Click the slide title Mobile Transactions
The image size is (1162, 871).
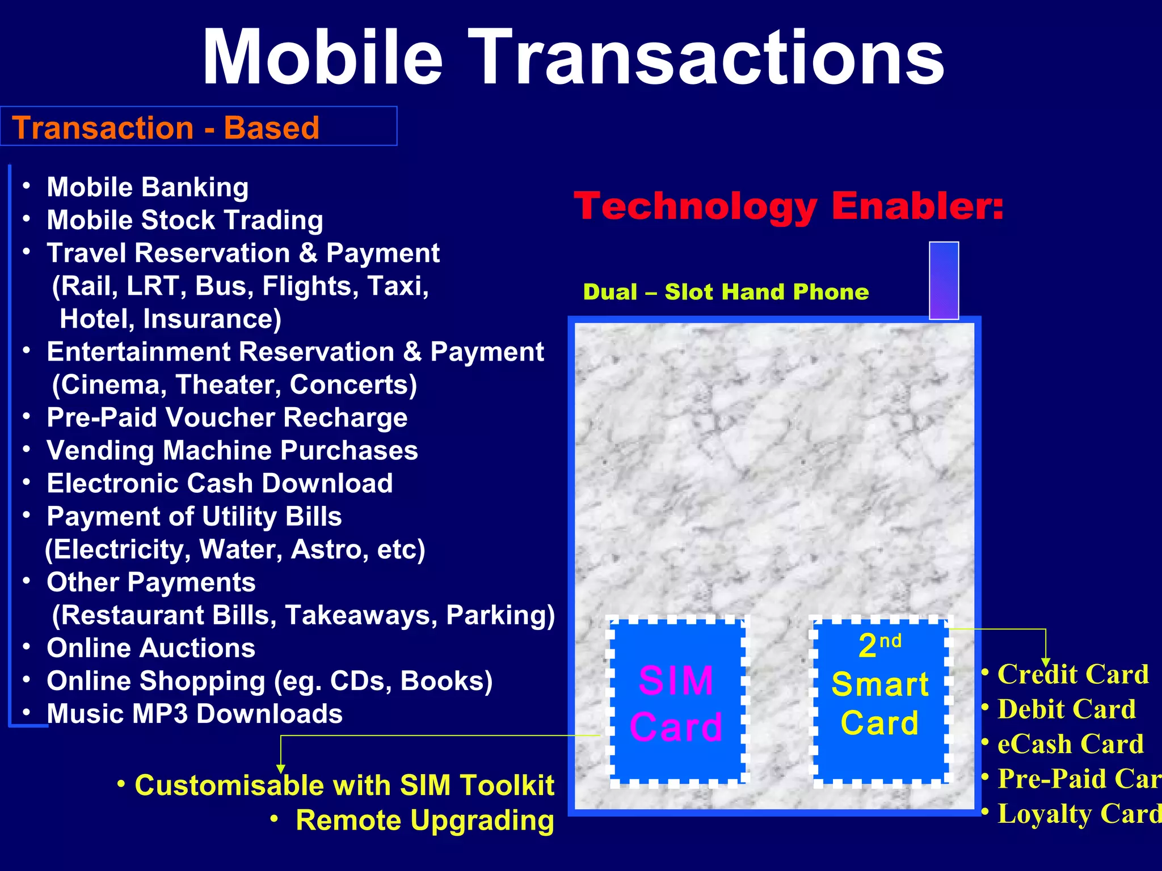(573, 57)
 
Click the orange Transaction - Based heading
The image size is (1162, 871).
(166, 128)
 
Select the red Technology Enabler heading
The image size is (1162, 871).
(789, 205)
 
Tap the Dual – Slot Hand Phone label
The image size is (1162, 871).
(726, 292)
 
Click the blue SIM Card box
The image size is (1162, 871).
(676, 702)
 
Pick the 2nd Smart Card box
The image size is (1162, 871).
(880, 702)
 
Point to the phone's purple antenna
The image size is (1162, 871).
(944, 280)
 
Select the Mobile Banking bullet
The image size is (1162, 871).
(148, 187)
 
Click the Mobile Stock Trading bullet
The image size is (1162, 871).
(185, 220)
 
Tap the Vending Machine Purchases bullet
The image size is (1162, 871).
(232, 451)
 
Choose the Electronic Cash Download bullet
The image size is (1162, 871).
(220, 484)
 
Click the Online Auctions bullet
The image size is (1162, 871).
(151, 648)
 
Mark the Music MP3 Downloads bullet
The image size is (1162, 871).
(195, 714)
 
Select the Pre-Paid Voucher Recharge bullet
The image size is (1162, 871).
(227, 418)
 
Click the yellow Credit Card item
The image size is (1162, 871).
(1073, 675)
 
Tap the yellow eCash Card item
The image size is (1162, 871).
(1071, 744)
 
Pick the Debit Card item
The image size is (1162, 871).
(1067, 709)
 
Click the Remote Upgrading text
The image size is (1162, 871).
(424, 821)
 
